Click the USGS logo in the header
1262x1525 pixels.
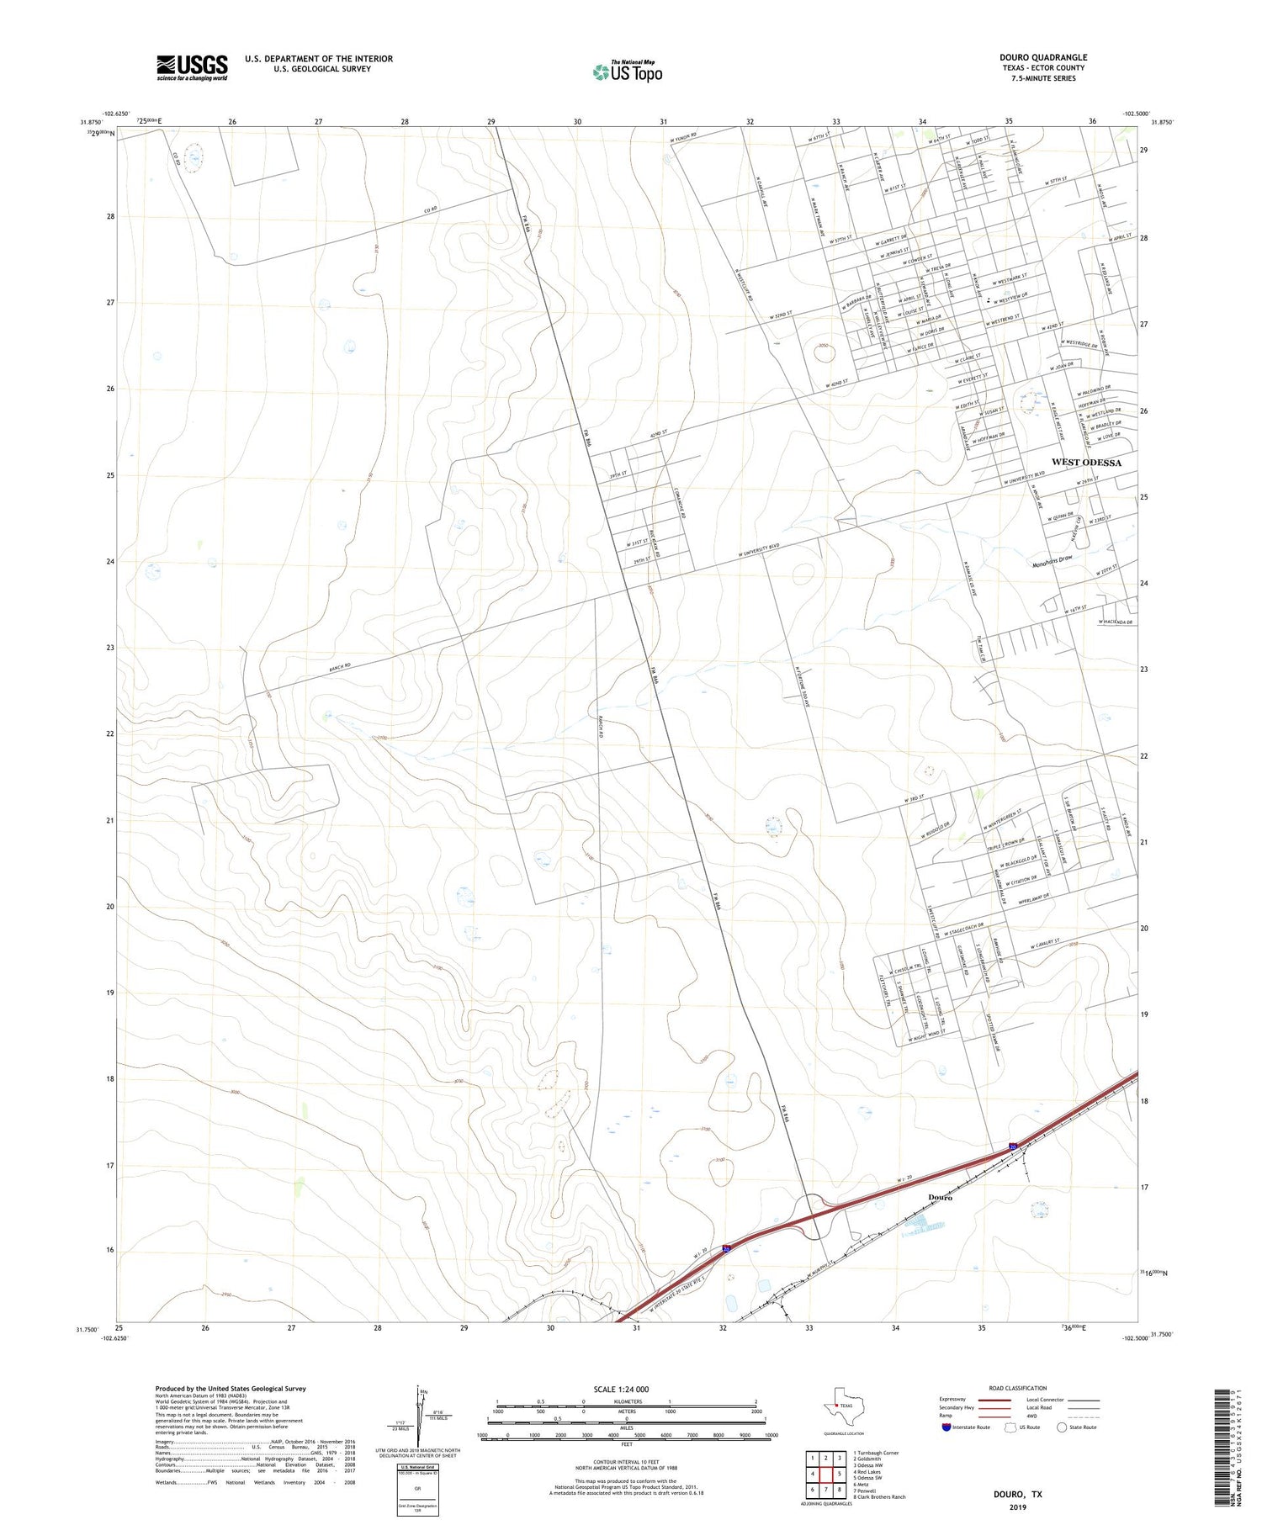pos(192,67)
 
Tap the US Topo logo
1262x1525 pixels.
pos(627,72)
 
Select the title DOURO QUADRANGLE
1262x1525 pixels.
pos(1042,57)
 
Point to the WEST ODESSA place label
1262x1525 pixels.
pos(1085,463)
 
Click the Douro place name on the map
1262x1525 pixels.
pos(940,1197)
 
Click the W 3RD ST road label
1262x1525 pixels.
pos(915,797)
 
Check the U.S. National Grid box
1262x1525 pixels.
pos(417,1491)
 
